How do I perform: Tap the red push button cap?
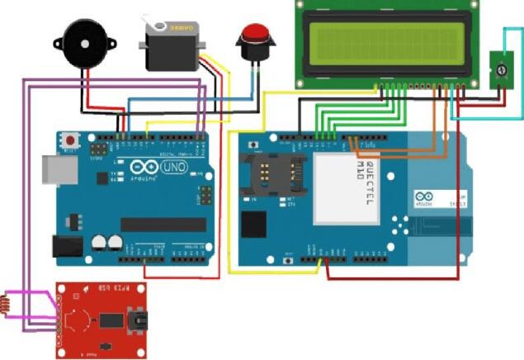tap(254, 36)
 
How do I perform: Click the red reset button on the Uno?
tap(73, 139)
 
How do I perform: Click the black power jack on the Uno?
tap(66, 245)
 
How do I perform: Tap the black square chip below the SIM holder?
tap(254, 223)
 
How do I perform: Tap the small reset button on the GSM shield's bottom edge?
tap(288, 249)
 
